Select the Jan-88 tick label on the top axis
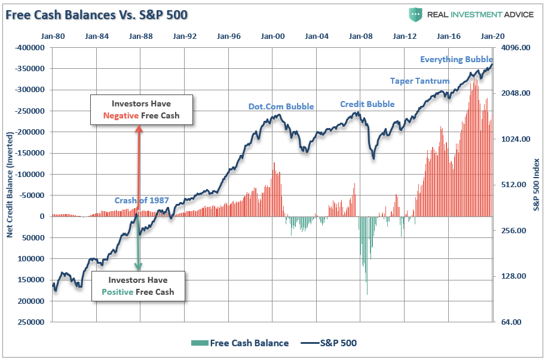tap(140, 36)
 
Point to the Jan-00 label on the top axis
tap(272, 36)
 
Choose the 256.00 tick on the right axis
tap(516, 231)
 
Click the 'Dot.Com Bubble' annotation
tap(281, 107)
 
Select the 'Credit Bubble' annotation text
tap(367, 104)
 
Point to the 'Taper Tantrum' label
tap(420, 81)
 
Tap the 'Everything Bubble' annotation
tap(456, 59)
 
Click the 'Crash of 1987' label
tap(142, 200)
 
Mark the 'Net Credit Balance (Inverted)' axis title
tap(10, 185)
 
